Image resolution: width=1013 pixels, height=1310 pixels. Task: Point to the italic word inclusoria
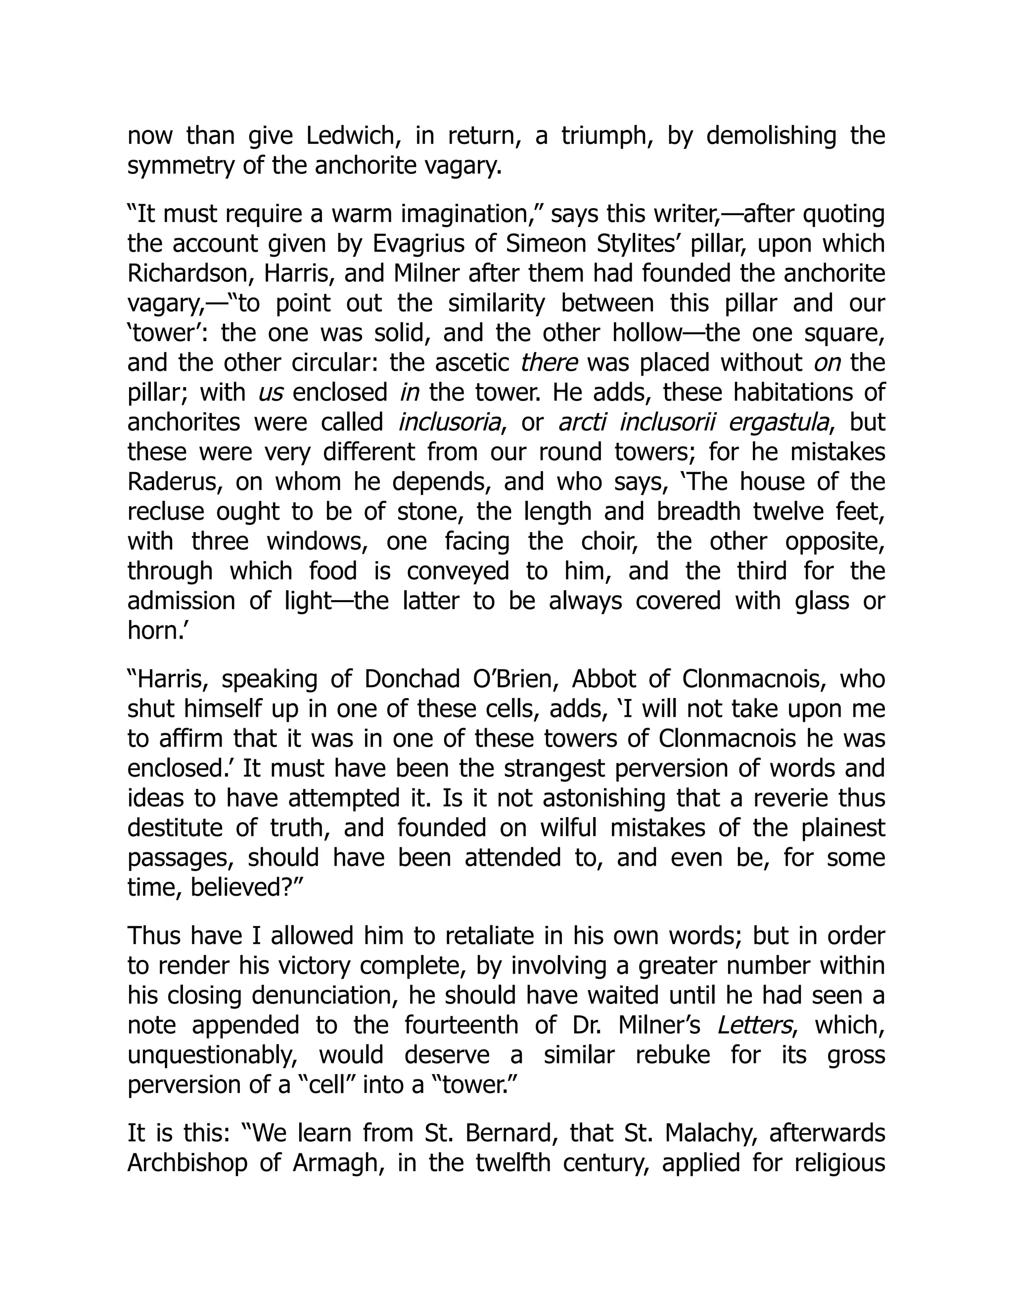(450, 422)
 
